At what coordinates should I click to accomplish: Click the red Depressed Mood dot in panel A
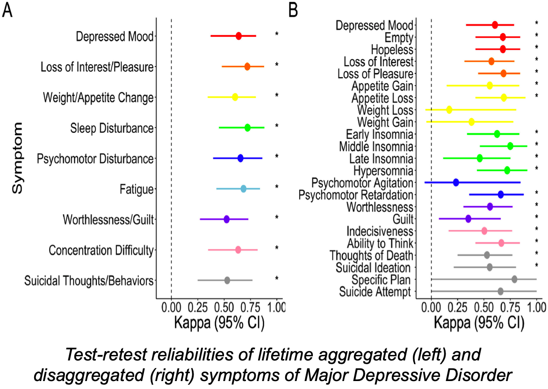(x=238, y=36)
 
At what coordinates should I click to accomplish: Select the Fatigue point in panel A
(x=243, y=189)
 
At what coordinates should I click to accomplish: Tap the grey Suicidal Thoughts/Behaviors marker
(x=227, y=281)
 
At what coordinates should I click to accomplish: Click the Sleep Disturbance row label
(x=112, y=128)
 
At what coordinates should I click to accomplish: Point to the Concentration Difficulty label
(x=101, y=250)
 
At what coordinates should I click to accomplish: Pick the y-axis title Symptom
(x=17, y=158)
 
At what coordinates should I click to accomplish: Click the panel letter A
(x=7, y=10)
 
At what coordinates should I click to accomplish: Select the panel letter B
(x=293, y=10)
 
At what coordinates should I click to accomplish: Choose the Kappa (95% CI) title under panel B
(x=479, y=323)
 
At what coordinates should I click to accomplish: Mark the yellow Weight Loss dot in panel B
(x=449, y=110)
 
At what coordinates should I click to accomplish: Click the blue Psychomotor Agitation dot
(x=456, y=182)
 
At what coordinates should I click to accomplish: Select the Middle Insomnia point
(x=510, y=146)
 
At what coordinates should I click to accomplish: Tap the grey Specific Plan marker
(x=514, y=280)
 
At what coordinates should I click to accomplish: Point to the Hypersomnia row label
(x=383, y=170)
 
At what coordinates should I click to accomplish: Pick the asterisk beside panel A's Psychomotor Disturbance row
(x=276, y=156)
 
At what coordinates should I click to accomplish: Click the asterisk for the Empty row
(x=537, y=35)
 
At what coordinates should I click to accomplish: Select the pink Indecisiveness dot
(x=484, y=231)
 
